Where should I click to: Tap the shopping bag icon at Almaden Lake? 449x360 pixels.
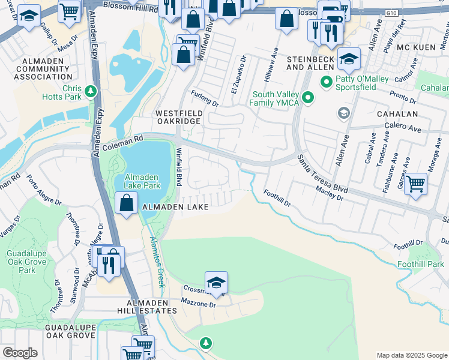click(127, 204)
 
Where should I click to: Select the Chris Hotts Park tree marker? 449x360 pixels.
click(91, 91)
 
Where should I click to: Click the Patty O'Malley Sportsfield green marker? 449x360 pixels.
click(327, 81)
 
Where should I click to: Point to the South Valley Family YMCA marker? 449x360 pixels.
click(308, 97)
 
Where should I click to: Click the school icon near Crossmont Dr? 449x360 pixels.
click(216, 281)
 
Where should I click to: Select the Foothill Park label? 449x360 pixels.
click(421, 264)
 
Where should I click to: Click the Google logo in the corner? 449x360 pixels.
click(20, 353)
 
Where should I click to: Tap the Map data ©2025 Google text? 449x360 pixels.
click(411, 355)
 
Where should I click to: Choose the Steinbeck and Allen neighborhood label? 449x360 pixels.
click(315, 64)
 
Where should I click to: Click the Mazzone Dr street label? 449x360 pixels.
click(199, 305)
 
